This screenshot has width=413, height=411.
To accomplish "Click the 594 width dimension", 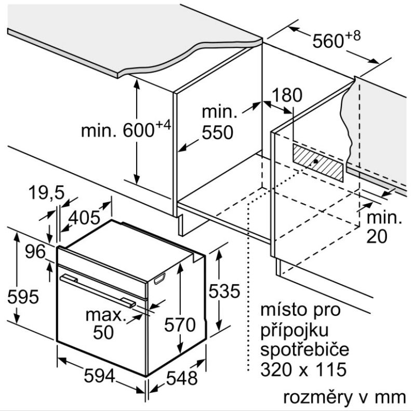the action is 100,376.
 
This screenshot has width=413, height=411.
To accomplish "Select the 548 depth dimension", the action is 182,378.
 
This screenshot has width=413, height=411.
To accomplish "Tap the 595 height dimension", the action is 23,296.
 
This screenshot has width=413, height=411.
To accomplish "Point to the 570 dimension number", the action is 180,324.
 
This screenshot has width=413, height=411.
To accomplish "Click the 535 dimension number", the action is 224,291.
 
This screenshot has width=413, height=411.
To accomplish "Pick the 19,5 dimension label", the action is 46,192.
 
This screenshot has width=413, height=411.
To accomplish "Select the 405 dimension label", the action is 84,218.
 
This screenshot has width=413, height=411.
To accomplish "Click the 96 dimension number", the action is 35,251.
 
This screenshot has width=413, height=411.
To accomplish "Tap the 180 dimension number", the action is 287,95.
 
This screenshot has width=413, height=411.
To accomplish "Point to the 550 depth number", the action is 217,132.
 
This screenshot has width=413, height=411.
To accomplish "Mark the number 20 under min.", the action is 377,236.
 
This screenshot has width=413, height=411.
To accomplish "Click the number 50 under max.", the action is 103,332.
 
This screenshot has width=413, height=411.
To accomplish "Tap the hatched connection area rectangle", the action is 318,163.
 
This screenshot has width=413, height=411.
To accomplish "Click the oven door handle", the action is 98,290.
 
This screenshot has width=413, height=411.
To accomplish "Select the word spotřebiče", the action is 305,349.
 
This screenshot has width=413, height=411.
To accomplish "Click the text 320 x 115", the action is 303,369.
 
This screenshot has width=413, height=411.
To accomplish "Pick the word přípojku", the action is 295,329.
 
